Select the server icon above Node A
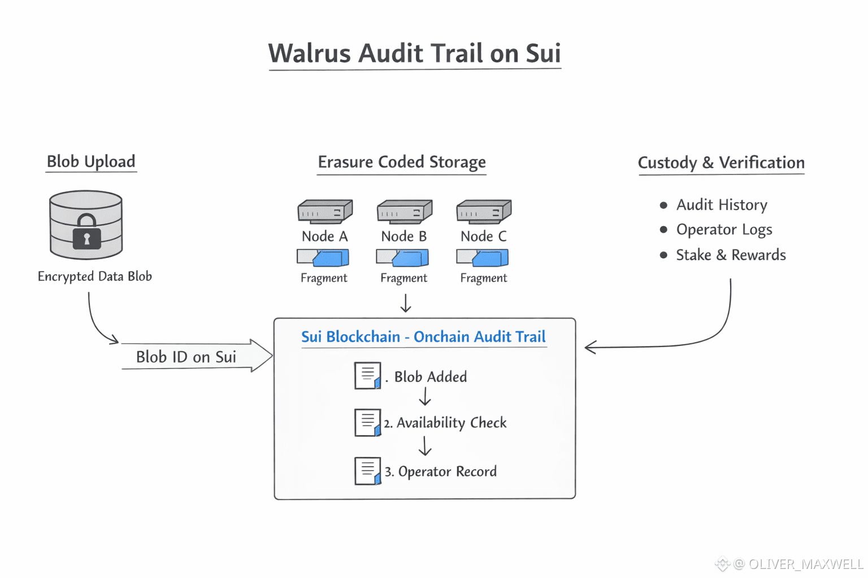pyautogui.click(x=325, y=212)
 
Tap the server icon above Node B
pyautogui.click(x=405, y=212)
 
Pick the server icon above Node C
pyautogui.click(x=484, y=212)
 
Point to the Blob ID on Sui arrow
pyautogui.click(x=195, y=356)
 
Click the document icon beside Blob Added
pyautogui.click(x=367, y=375)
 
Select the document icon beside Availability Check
pyautogui.click(x=367, y=422)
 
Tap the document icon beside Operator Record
pyautogui.click(x=367, y=471)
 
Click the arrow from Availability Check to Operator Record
pyautogui.click(x=425, y=445)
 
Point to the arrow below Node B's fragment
pyautogui.click(x=405, y=303)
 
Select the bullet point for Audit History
pyautogui.click(x=663, y=205)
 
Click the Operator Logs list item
pyautogui.click(x=724, y=230)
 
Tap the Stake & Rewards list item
pyautogui.click(x=731, y=255)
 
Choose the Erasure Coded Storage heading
pyautogui.click(x=401, y=162)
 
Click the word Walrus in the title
pyautogui.click(x=310, y=54)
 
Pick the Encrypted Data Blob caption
pyautogui.click(x=95, y=277)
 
